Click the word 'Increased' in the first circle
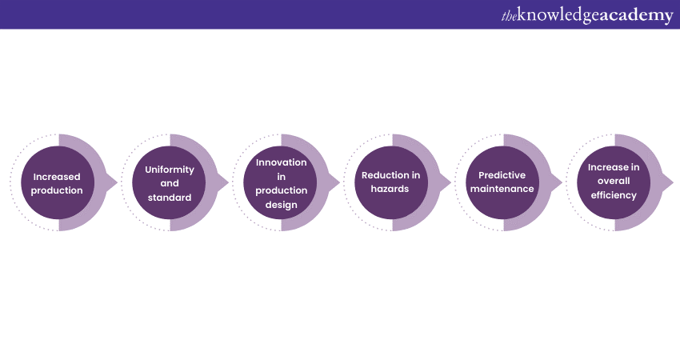coord(57,177)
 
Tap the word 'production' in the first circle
coord(57,190)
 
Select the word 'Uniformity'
coord(170,170)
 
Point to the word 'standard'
coord(170,198)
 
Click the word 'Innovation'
coord(281,162)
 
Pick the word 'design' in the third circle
coord(281,205)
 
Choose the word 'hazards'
coord(390,189)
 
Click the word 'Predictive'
coord(502,175)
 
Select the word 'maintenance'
coord(502,189)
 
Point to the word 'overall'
coord(614,181)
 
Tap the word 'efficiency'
coord(614,195)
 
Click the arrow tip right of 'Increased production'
coord(118,182)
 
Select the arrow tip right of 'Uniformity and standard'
coord(229,182)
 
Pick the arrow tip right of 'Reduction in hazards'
coord(451,182)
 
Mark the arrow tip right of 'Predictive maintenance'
coord(562,182)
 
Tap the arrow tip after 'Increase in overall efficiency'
coord(674,182)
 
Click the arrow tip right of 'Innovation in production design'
coord(339,182)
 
